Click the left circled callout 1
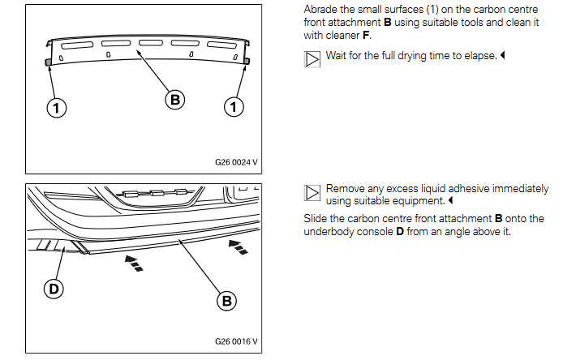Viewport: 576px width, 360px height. tap(56, 107)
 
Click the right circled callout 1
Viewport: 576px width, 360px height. tap(234, 106)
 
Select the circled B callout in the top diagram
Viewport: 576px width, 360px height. tap(174, 100)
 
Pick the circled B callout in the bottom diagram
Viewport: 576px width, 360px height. tap(226, 301)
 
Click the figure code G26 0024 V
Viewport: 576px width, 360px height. tap(236, 161)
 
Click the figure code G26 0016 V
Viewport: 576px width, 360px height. tap(236, 341)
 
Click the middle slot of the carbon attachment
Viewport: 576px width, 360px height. tap(151, 42)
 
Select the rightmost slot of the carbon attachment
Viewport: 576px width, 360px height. tap(221, 45)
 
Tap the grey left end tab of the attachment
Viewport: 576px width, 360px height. tap(49, 62)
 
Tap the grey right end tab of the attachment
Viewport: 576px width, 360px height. tap(247, 61)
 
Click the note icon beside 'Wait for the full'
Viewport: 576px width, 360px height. tap(312, 59)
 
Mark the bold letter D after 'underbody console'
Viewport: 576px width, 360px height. tap(398, 230)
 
